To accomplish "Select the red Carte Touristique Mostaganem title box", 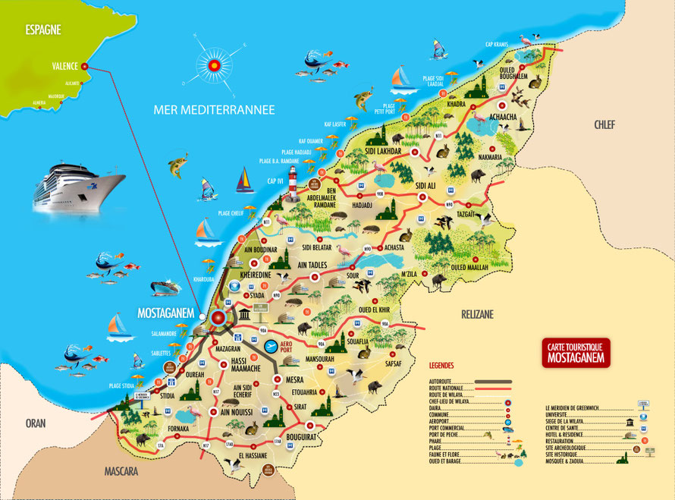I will coord(576,353).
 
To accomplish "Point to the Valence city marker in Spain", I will coord(85,67).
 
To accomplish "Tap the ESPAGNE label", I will coord(42,31).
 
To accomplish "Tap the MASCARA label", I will coord(126,471).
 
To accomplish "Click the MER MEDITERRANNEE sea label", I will coord(213,110).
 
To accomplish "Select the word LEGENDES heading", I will coord(441,365).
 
